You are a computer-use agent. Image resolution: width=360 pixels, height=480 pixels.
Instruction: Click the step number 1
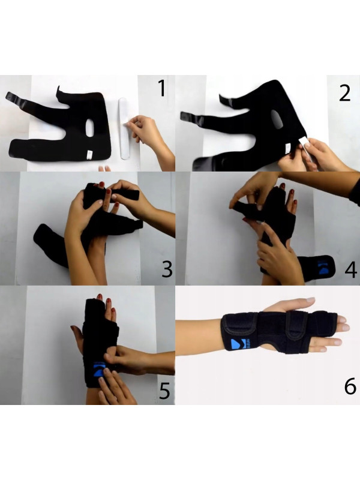pos(162,88)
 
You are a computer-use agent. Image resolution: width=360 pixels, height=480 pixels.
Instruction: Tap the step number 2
pos(344,93)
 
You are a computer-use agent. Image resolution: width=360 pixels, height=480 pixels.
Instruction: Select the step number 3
pos(167,269)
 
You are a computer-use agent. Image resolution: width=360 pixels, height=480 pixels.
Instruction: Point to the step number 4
pos(351,269)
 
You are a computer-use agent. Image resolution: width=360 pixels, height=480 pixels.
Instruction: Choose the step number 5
pos(164,391)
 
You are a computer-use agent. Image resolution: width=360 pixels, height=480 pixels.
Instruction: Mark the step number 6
pos(350,386)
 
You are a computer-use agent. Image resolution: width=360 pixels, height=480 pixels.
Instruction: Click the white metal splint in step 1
pos(124,128)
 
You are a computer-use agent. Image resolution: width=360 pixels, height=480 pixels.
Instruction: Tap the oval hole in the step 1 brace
pos(89,128)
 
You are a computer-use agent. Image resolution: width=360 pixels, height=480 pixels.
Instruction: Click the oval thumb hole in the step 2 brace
pos(277,119)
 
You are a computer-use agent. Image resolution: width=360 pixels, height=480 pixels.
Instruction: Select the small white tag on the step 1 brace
pos(88,154)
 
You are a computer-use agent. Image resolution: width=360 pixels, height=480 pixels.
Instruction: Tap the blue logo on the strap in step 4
pos(322,267)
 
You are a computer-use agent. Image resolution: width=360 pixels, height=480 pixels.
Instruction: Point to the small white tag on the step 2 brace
pos(288,149)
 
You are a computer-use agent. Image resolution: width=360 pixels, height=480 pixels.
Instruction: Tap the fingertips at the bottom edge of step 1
pos(104,169)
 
